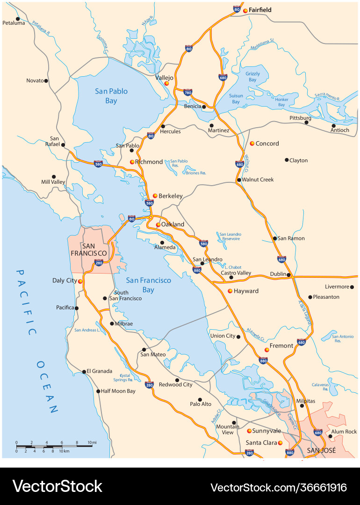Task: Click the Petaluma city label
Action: (14, 23)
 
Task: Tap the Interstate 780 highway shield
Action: (187, 92)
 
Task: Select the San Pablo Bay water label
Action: (111, 96)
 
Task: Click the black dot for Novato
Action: (46, 81)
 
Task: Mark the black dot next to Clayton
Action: (287, 160)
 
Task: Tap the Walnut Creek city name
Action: (258, 180)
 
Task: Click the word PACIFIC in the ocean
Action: (26, 302)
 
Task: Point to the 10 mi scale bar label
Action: (92, 442)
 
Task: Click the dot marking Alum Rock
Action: (330, 437)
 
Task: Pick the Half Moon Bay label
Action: (118, 391)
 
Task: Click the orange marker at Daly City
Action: (80, 281)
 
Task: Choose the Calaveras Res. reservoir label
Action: (321, 387)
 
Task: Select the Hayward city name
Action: (246, 291)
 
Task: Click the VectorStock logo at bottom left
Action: (57, 486)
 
